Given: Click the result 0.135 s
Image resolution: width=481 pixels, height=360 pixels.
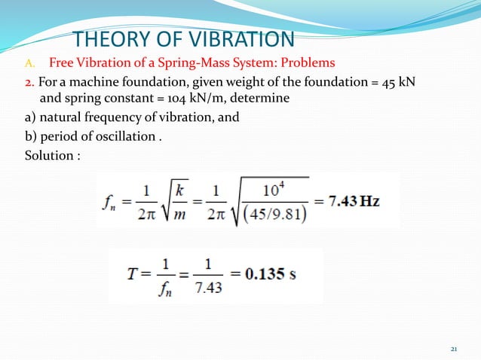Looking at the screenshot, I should point(269,273).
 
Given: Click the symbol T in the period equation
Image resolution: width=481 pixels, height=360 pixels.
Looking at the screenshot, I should point(133,273).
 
